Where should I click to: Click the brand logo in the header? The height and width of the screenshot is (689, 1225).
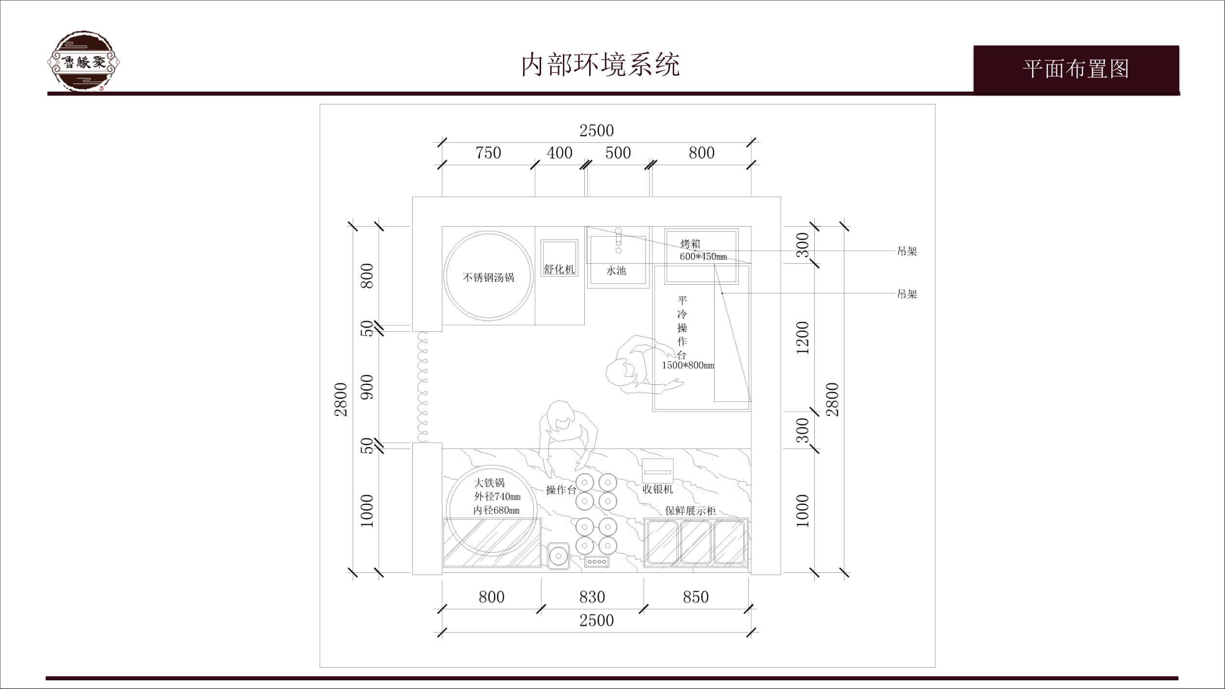[84, 61]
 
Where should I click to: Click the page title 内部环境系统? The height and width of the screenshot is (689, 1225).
[600, 65]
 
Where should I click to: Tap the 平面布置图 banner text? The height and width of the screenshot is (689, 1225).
[1076, 69]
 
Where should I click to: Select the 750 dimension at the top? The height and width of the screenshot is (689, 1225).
[488, 153]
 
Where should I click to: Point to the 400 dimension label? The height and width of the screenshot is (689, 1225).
[560, 153]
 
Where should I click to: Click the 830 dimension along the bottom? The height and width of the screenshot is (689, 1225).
[592, 597]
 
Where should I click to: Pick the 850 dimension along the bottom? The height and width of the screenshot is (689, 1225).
[696, 597]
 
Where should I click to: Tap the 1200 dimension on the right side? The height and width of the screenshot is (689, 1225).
[803, 338]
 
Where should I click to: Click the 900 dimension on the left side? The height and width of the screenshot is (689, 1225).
[367, 387]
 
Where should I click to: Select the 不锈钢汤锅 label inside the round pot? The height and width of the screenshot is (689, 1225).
[488, 277]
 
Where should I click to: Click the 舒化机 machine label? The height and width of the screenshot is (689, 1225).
[559, 269]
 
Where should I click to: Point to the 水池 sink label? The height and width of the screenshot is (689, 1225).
[616, 271]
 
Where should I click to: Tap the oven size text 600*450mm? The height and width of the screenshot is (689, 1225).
[703, 257]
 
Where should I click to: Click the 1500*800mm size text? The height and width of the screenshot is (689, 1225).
[688, 365]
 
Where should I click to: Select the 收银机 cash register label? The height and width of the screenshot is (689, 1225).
[658, 489]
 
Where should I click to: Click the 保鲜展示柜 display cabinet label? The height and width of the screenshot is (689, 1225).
[690, 511]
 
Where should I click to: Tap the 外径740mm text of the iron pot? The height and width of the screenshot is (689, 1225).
[497, 497]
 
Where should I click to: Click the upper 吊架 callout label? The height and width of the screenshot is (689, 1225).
[907, 251]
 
